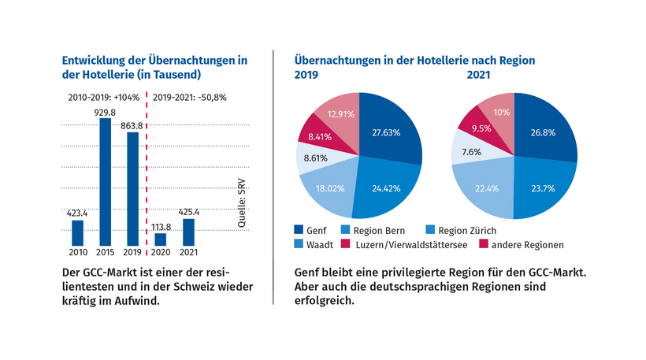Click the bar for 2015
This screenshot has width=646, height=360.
coord(105,181)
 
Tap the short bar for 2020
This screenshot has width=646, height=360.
coord(161,239)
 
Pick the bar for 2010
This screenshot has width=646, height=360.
coord(77,232)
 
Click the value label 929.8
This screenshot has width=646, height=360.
coord(105,113)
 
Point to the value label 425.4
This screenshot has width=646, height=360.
coord(188,211)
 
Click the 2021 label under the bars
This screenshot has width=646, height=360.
coord(188,252)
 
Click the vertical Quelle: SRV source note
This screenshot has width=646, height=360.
coord(241,203)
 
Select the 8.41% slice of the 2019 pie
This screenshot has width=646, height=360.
coord(319,138)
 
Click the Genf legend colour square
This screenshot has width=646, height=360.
coord(300,229)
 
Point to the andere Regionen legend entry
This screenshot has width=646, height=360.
coord(527,244)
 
